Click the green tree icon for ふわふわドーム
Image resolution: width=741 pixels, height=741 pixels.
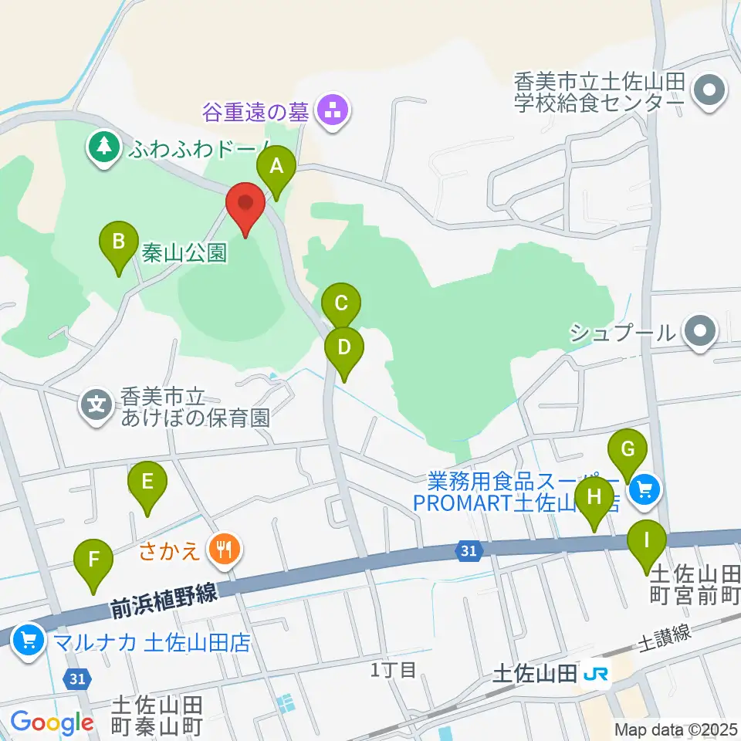[101, 144]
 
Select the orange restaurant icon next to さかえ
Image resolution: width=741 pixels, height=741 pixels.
[225, 550]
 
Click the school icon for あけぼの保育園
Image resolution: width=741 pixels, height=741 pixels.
[96, 403]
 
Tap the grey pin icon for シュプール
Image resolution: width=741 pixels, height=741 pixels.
[700, 331]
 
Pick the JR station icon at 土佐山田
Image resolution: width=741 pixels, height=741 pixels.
[595, 674]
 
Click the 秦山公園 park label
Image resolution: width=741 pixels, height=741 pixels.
[184, 252]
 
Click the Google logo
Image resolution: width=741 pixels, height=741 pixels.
[52, 722]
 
